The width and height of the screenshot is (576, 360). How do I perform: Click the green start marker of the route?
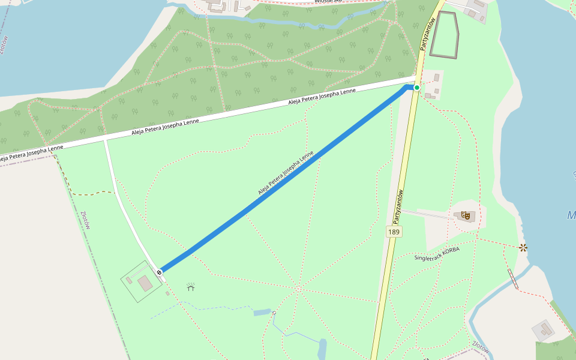pyautogui.click(x=417, y=88)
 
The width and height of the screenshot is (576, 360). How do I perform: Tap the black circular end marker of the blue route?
pyautogui.click(x=160, y=272)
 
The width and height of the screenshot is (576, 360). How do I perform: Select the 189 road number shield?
pyautogui.click(x=394, y=232)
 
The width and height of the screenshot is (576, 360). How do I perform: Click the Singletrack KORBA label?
pyautogui.click(x=436, y=253)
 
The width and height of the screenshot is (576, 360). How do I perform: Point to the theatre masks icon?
pyautogui.click(x=466, y=215)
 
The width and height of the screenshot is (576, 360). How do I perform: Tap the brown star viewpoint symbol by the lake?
pyautogui.click(x=523, y=247)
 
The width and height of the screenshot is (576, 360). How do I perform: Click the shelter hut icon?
pyautogui.click(x=191, y=287)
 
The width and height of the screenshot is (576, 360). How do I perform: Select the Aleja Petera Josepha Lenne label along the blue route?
pyautogui.click(x=286, y=173)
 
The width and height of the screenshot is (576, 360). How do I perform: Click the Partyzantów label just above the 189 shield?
pyautogui.click(x=398, y=203)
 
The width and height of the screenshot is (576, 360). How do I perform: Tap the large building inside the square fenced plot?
pyautogui.click(x=145, y=283)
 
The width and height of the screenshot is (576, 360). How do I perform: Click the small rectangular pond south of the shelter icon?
pyautogui.click(x=262, y=312)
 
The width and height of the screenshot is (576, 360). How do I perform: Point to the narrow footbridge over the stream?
pyautogui.click(x=513, y=279)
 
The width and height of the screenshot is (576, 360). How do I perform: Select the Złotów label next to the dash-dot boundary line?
pyautogui.click(x=86, y=220)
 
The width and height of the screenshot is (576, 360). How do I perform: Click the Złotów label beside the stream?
pyautogui.click(x=481, y=347)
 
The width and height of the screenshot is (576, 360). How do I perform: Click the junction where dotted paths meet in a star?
pyautogui.click(x=298, y=289)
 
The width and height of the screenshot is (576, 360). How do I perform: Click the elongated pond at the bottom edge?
pyautogui.click(x=322, y=349)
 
